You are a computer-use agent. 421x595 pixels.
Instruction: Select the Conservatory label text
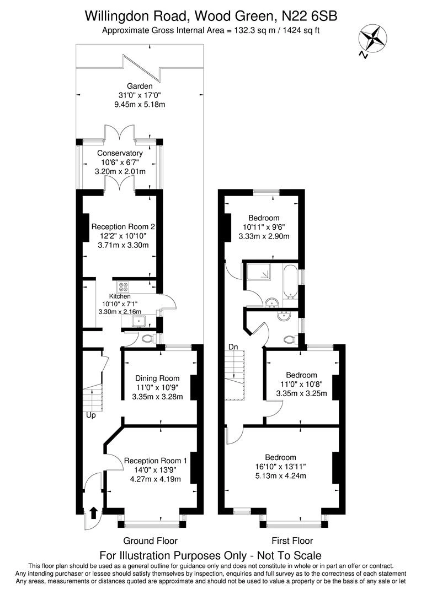point(120,153)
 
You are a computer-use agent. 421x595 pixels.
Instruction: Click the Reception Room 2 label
point(123,226)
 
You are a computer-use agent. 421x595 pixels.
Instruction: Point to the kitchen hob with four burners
point(122,287)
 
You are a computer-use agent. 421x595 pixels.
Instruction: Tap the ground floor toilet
point(148,338)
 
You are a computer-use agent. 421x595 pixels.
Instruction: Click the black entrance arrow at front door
point(93,512)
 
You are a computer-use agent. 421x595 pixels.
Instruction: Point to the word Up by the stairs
point(90,415)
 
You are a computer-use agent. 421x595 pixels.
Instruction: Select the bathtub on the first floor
point(290,281)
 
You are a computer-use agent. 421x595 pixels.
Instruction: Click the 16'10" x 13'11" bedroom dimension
point(280,467)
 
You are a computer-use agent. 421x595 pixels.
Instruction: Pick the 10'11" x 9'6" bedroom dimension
point(264,227)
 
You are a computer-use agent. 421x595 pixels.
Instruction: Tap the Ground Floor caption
point(150,540)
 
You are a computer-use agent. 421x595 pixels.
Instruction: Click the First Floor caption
point(292,540)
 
